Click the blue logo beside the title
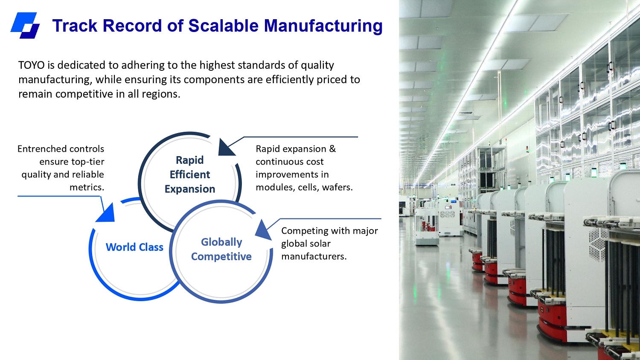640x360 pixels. click(25, 25)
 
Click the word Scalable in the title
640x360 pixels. click(224, 26)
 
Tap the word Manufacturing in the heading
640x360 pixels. click(323, 26)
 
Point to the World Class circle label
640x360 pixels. click(134, 247)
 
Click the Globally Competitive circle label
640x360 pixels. click(221, 249)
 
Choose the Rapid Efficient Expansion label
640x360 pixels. click(190, 174)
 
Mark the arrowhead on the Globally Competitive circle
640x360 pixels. click(263, 230)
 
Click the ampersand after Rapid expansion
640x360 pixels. click(332, 149)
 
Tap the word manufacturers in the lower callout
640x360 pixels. click(314, 256)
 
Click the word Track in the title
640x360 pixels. click(75, 26)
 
